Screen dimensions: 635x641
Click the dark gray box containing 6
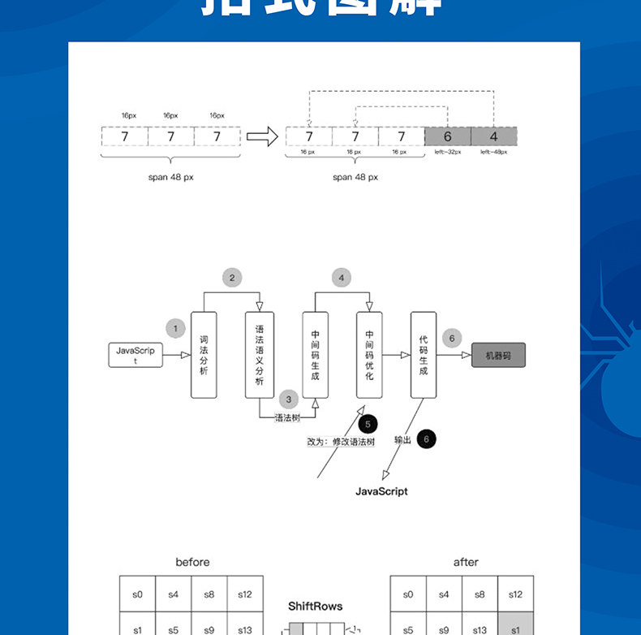tap(447, 136)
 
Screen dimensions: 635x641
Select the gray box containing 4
tap(493, 136)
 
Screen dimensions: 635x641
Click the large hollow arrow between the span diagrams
tap(261, 136)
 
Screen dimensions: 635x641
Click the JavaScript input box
tap(136, 355)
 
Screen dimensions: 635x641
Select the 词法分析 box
tap(204, 355)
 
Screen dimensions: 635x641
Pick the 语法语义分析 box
tap(260, 355)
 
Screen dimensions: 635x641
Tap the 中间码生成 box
tap(315, 355)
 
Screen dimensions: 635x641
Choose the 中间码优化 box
tap(369, 355)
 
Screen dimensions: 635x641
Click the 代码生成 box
tap(423, 355)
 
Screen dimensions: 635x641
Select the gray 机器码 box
tap(498, 355)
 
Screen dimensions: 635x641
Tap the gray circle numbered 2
tap(232, 278)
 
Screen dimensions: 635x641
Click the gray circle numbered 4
tap(342, 278)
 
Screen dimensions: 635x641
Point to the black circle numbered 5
tap(368, 423)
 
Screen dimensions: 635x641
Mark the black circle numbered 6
tap(427, 439)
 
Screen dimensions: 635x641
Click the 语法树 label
tap(288, 418)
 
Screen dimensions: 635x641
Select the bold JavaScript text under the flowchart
tap(381, 491)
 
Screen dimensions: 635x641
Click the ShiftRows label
tap(316, 606)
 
